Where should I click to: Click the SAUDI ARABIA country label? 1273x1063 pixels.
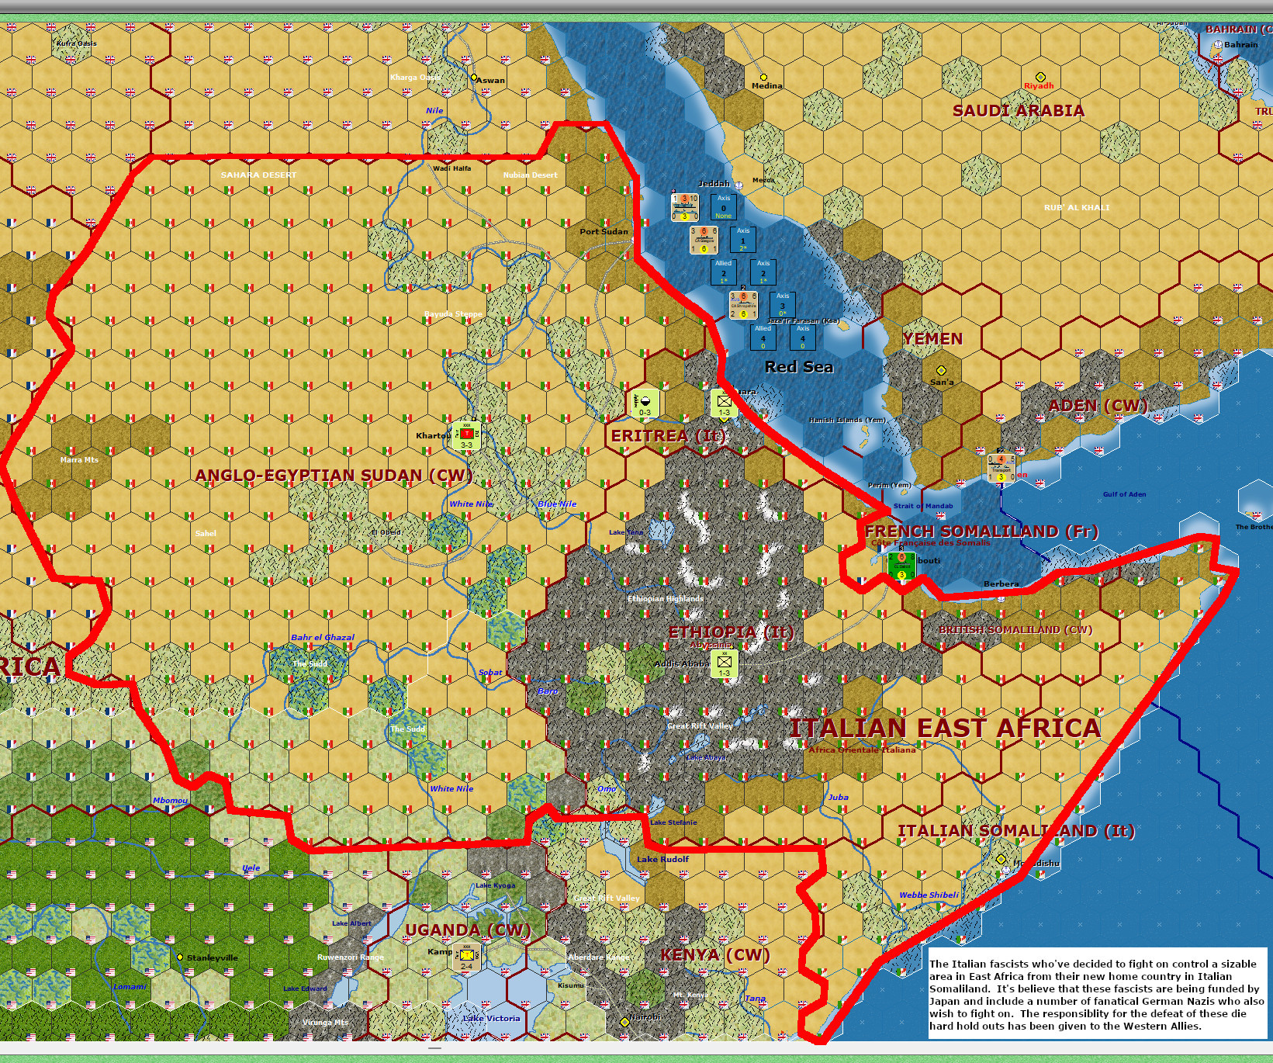click(x=1018, y=111)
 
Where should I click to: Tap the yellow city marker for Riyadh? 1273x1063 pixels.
click(x=1040, y=78)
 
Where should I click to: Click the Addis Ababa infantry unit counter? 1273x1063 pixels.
click(x=724, y=663)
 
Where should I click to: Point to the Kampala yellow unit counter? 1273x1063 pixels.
click(x=467, y=957)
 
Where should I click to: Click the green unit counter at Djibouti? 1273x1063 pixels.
click(x=901, y=565)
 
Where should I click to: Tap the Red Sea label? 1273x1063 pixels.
click(x=799, y=367)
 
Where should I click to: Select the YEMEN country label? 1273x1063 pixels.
click(x=932, y=339)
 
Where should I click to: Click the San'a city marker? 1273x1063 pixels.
click(x=941, y=371)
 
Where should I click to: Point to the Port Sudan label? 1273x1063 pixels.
click(x=604, y=231)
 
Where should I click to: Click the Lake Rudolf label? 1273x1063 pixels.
click(x=662, y=859)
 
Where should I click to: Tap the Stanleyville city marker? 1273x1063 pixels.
click(x=180, y=957)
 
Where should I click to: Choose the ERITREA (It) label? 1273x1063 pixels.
click(x=668, y=436)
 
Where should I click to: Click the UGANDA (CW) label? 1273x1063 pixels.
click(x=468, y=930)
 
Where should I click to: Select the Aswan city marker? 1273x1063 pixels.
click(x=474, y=78)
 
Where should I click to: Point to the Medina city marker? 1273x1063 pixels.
click(x=763, y=78)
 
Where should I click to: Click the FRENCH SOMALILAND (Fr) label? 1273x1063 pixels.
click(x=981, y=531)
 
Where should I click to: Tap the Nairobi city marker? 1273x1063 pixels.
click(x=624, y=1023)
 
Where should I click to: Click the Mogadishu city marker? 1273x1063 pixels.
click(x=1001, y=859)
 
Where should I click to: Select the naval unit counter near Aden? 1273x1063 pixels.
click(x=1001, y=467)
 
